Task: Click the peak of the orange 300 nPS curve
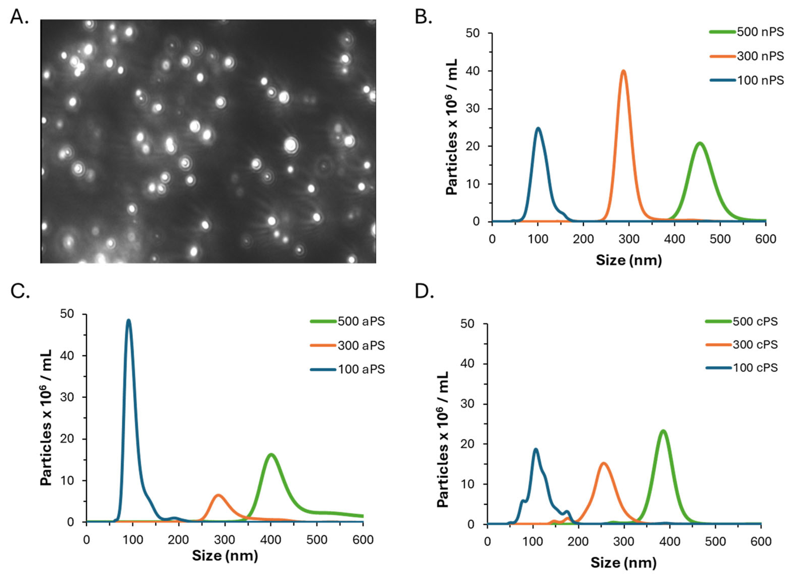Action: coord(623,71)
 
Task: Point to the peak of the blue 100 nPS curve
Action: coord(538,129)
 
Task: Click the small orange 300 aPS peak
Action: coord(218,495)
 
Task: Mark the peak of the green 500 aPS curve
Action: coord(271,455)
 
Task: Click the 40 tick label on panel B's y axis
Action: coord(472,71)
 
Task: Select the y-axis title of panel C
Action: coord(46,418)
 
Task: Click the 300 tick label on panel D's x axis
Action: coord(624,541)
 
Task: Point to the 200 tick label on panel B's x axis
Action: coord(583,239)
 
